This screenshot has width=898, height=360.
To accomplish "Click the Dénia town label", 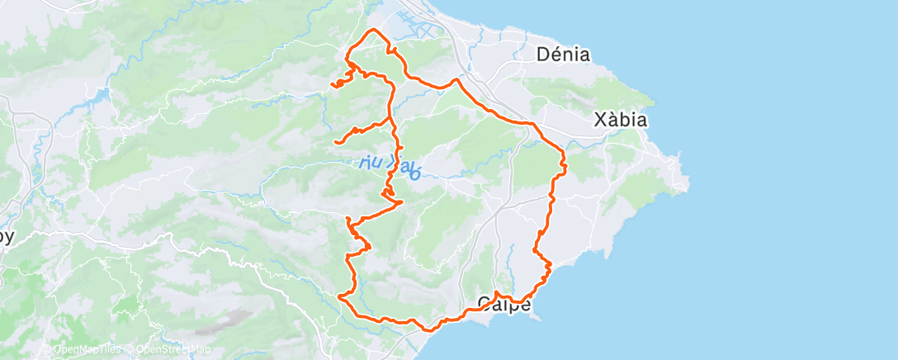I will (563, 55).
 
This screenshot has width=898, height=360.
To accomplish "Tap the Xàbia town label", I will (620, 121).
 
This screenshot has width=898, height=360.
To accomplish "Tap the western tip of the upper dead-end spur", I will (332, 84).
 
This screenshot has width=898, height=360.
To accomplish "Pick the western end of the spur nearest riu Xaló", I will (336, 142).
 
